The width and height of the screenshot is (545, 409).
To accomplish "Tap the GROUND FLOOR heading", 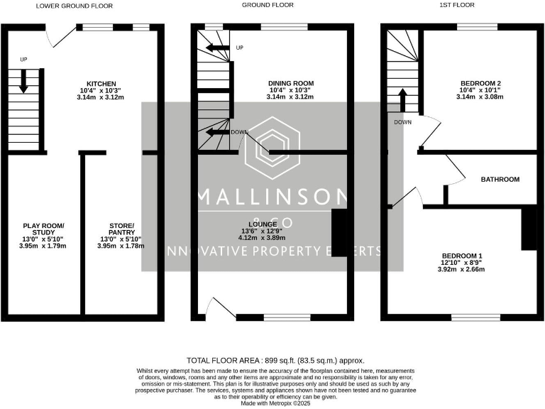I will click(268, 5).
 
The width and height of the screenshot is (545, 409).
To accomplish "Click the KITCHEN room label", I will click(97, 83).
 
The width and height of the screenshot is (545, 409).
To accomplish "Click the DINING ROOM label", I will click(292, 83).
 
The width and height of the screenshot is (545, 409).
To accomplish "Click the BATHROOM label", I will click(500, 180).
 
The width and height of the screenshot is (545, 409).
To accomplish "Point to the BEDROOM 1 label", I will click(461, 256).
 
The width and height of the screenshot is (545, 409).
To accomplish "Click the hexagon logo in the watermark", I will click(272, 147).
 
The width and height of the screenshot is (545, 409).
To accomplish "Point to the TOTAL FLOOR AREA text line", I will click(275, 361).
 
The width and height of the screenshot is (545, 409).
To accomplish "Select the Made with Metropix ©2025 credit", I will click(275, 403).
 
